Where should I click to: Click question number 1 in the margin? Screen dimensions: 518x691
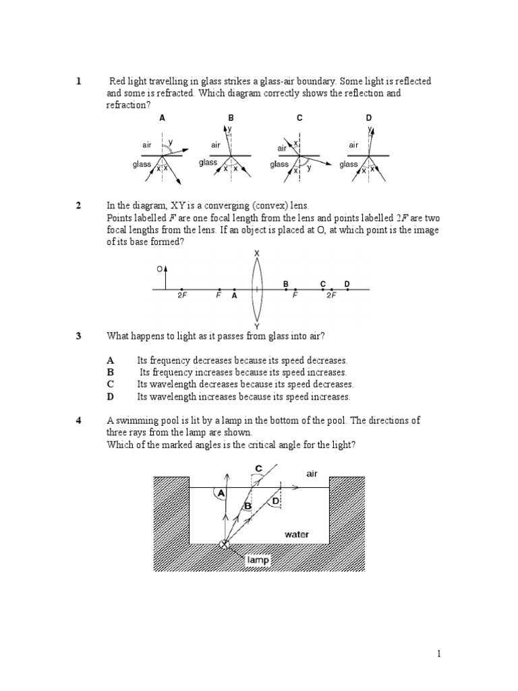79,82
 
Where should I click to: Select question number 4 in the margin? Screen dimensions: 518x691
79,420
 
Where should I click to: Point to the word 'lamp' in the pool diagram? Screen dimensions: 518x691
258,559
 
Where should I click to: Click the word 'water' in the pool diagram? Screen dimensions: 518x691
297,534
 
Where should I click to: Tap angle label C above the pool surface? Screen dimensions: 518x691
259,468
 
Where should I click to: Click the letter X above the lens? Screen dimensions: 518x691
256,253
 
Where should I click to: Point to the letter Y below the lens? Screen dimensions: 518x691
256,326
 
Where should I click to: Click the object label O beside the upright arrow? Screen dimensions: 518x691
160,269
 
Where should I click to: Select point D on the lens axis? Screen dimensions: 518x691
347,284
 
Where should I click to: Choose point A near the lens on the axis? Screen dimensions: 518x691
234,295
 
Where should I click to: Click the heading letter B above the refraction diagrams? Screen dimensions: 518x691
231,118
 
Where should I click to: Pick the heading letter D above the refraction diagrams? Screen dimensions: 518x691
369,118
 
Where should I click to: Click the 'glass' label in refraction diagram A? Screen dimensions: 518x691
142,164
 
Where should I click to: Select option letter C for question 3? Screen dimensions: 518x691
111,385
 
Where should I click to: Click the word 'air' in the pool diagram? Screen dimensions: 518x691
312,474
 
